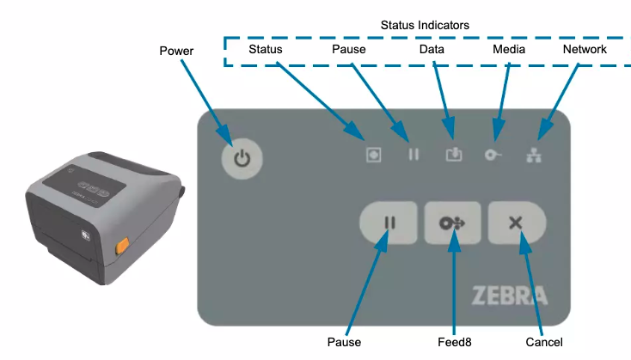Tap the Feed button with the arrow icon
pos(452,223)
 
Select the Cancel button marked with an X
pos(516,223)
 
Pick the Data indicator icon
pos(454,155)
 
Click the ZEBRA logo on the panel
pos(509,296)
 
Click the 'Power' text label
pos(177,51)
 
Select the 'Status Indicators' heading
pos(425,25)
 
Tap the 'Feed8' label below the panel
pos(455,342)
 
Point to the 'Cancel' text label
pos(542,342)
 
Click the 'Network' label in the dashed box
pos(585,49)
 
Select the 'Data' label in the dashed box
pos(432,49)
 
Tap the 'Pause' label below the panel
pos(344,342)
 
